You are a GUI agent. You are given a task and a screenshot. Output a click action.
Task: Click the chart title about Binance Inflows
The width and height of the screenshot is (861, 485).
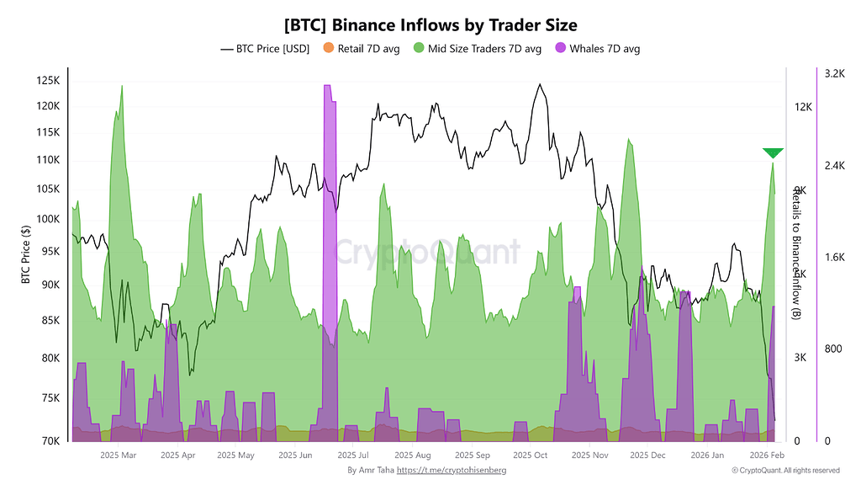click(x=430, y=26)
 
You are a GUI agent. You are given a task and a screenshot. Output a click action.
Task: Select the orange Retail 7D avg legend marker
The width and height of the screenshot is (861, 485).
click(x=329, y=49)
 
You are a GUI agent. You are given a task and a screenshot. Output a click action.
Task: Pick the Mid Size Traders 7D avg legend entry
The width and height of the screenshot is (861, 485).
click(x=475, y=49)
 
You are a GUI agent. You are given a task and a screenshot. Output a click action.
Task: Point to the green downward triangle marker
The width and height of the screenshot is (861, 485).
click(x=773, y=152)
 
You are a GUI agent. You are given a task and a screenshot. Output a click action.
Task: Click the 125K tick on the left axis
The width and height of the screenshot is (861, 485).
click(x=47, y=81)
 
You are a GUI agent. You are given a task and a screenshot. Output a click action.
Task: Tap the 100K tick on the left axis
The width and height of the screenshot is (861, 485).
click(x=47, y=219)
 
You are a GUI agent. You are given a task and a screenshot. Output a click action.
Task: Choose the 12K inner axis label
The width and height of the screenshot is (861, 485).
click(x=803, y=107)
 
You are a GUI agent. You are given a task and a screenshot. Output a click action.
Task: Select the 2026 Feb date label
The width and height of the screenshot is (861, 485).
click(x=767, y=456)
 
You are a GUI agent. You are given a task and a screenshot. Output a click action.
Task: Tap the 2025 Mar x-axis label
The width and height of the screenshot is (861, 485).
click(x=118, y=456)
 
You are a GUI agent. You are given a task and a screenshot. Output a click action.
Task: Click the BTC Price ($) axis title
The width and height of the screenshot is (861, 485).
click(x=26, y=253)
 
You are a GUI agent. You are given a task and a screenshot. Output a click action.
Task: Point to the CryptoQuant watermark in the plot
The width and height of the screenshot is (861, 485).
click(x=428, y=251)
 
